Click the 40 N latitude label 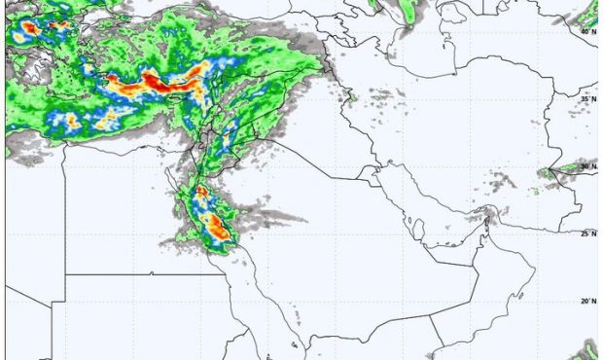[588, 31]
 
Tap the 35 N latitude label [588, 98]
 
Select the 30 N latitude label [588, 166]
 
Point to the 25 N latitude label [588, 234]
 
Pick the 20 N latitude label [588, 302]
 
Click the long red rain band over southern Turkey [156, 86]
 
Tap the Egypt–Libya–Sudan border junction [66, 274]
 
